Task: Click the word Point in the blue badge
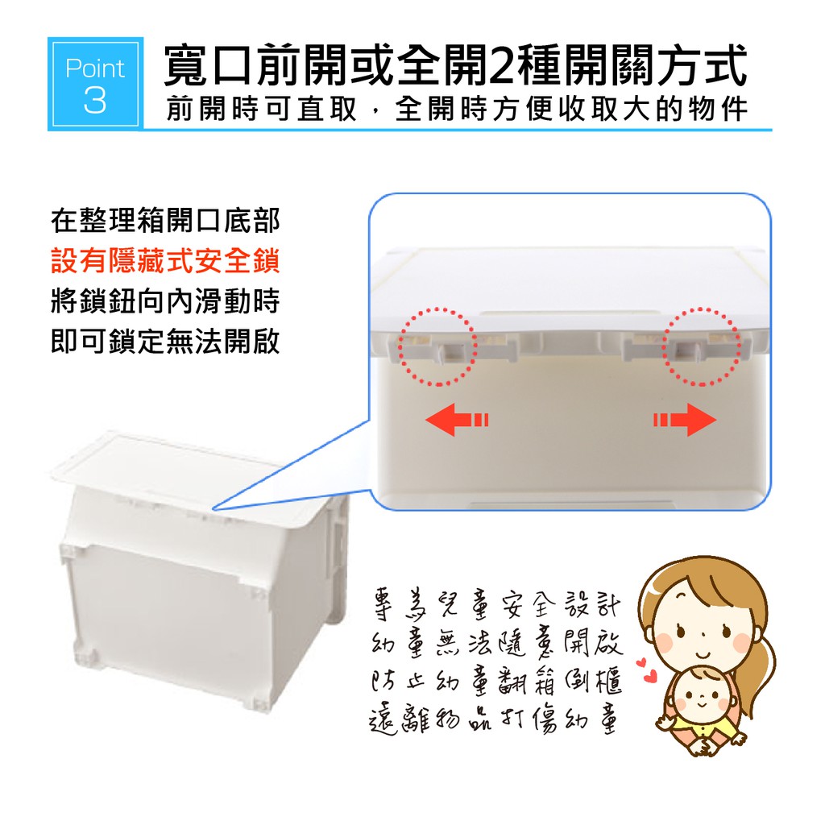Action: pyautogui.click(x=95, y=69)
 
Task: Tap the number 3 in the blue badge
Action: pyautogui.click(x=95, y=101)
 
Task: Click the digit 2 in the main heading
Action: pyautogui.click(x=503, y=66)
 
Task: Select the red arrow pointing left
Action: pyautogui.click(x=457, y=419)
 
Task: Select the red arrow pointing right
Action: pyautogui.click(x=685, y=419)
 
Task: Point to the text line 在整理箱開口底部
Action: pyautogui.click(x=165, y=221)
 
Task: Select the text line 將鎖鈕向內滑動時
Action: pyautogui.click(x=165, y=301)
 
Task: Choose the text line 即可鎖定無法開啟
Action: pyautogui.click(x=165, y=342)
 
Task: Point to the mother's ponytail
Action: pyautogui.click(x=761, y=668)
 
